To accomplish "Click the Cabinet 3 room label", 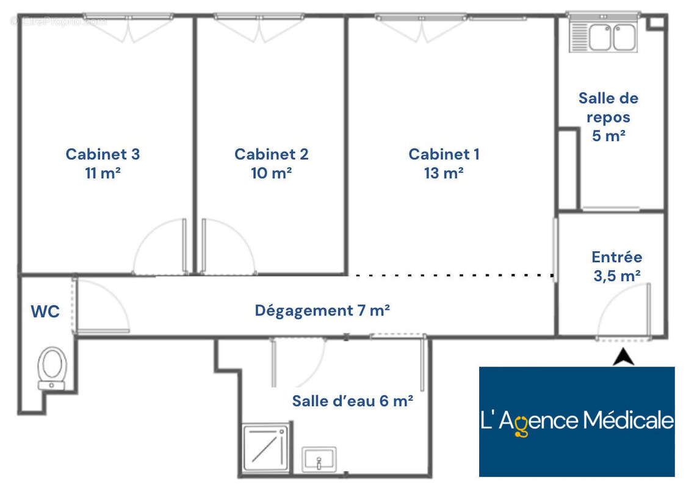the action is coord(103,154).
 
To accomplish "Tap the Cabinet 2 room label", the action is coord(271,154).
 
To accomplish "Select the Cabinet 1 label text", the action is coord(444,154).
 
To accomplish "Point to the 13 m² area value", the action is coord(444,173).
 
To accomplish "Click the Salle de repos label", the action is coord(608,107).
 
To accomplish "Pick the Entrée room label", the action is coord(617,257).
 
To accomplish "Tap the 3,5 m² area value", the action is coord(617,276).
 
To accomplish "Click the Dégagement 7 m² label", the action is coord(322,310).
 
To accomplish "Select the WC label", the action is coord(45,311).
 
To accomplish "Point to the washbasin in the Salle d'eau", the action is coord(319,459).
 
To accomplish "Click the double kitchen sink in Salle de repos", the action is coord(604,36).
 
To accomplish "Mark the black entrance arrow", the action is coord(623,357).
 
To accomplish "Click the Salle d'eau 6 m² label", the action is coord(353,401).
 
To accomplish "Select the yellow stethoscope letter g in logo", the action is coord(521,425).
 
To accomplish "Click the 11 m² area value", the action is coord(103,173).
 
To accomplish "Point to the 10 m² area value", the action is coord(271,173).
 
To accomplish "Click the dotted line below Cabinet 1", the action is coord(454,276).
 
